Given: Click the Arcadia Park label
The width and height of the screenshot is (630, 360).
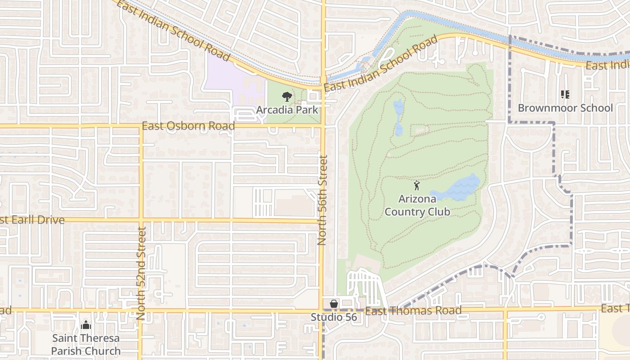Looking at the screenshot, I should coord(287,110).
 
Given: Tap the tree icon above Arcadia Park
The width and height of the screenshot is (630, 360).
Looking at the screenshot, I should coord(286,96).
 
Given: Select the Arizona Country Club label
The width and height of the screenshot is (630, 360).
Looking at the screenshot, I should coord(417,205).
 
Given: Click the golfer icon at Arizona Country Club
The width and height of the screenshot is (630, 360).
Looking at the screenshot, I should coord(417,185).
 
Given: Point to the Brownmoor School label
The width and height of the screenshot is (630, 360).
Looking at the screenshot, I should coord(565,108).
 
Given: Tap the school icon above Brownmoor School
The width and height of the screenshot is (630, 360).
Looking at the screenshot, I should coord(565,94).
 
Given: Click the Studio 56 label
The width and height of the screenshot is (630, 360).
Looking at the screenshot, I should coord(334,317).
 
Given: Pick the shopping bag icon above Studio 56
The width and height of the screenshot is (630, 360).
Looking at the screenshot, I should coord(334,304).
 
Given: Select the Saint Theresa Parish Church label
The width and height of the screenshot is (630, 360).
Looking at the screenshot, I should coord(85,344).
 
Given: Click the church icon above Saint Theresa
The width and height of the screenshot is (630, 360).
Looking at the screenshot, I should coord(85,324).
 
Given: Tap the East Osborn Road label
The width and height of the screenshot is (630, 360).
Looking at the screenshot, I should coord(188,126).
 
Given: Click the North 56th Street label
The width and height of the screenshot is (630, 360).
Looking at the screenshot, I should coord(322,200).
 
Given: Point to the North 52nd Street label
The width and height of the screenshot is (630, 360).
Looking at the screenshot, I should coord(141,273).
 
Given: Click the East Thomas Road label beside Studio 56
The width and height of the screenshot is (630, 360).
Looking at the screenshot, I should coord(413,310).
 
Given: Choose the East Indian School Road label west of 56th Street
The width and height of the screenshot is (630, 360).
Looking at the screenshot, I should coord(173,30).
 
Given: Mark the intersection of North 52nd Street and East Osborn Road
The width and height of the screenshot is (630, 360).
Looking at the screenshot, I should coord(141,126).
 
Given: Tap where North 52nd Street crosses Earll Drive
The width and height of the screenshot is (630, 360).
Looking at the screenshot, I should coord(141,220).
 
